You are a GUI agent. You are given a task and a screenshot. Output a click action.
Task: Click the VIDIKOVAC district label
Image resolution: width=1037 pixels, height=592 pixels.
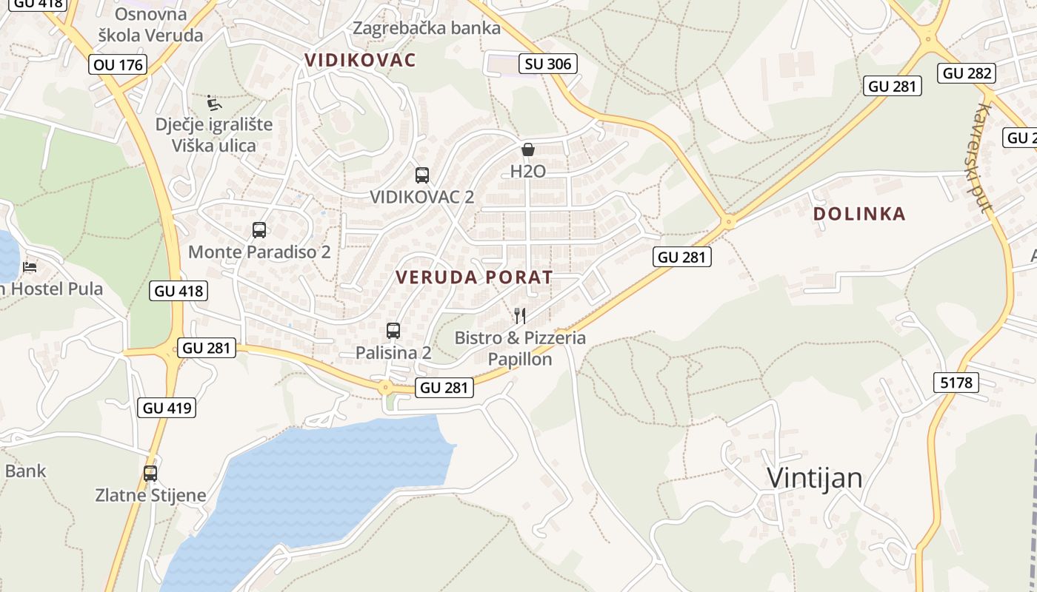coord(361,60)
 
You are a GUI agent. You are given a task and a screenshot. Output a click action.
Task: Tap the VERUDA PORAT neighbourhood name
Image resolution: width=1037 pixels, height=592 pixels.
coord(474,277)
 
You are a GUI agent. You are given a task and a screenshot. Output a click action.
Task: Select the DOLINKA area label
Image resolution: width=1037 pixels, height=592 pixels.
coord(859,214)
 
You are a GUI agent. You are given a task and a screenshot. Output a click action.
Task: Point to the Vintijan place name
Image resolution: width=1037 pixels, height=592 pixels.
coord(814,478)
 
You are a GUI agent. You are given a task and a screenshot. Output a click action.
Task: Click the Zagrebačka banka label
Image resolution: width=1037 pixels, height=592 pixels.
coord(427,28)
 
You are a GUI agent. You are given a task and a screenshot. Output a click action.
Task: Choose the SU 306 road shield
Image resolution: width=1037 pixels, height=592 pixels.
coord(548,64)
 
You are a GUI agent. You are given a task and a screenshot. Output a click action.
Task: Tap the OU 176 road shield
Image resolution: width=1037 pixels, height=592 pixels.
coord(119,64)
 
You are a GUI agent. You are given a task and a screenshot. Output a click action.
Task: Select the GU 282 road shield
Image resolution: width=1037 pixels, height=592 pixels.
coord(967,73)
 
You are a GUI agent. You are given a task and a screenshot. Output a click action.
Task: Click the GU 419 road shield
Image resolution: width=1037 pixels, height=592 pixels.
coord(167,407)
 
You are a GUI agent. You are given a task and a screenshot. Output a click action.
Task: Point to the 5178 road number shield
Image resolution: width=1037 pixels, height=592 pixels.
coord(956,383)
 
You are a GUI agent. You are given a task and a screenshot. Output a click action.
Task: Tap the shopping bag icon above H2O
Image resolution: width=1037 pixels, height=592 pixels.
coord(528,149)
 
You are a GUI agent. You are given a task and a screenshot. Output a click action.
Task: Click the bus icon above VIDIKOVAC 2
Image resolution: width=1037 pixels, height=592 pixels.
coord(422,175)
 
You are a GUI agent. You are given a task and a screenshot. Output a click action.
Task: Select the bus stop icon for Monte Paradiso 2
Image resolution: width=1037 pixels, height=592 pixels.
coord(259,230)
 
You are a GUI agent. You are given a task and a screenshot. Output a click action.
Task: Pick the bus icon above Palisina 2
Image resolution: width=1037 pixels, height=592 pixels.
coord(393,331)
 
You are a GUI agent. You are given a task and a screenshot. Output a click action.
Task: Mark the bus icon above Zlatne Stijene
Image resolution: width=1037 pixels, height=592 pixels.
coord(150,474)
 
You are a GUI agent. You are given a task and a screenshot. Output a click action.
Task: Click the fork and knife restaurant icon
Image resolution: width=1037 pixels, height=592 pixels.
coord(520,316)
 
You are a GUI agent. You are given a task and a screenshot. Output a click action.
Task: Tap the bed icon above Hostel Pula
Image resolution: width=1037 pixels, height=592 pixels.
coord(30,266)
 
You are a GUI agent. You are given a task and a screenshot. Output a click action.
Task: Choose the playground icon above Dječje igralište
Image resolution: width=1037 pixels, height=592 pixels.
coord(214,101)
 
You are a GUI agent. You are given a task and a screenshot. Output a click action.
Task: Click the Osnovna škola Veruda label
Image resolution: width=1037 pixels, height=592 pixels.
coord(151,24)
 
